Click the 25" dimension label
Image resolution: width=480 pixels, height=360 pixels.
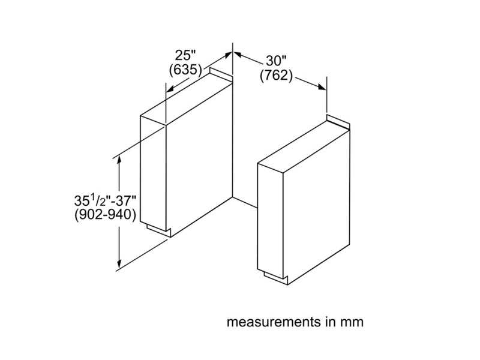(x=185, y=55)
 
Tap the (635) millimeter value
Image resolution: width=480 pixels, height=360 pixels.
(x=185, y=70)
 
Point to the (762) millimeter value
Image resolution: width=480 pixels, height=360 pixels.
(x=276, y=76)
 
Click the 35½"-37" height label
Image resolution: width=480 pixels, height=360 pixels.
(x=105, y=201)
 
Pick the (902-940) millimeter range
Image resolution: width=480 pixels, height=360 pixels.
(x=105, y=215)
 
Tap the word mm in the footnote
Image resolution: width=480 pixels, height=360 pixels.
(x=353, y=322)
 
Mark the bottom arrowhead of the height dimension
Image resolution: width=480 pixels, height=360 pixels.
(x=119, y=263)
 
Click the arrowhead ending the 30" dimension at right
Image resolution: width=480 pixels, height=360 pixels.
(x=322, y=87)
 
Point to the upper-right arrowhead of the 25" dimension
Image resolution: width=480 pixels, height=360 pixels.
(x=228, y=55)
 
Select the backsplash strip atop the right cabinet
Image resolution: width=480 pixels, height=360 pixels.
(x=338, y=122)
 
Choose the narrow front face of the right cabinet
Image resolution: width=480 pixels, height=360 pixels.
(x=271, y=220)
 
